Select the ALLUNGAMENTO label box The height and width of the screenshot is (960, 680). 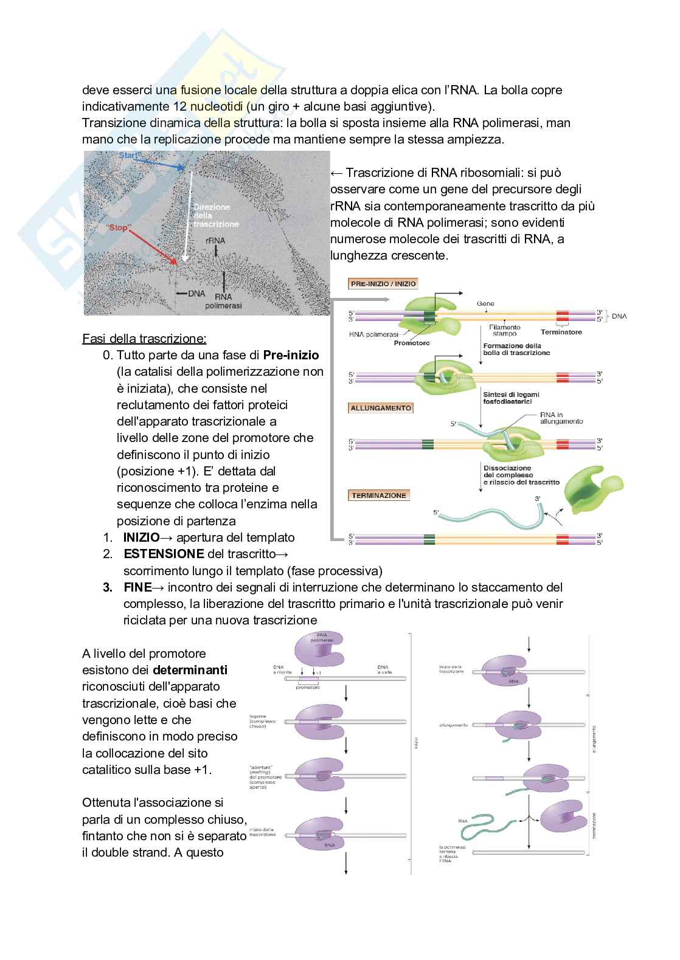coord(381,408)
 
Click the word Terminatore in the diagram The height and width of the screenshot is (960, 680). coord(561,332)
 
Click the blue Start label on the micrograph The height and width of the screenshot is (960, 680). coord(130,156)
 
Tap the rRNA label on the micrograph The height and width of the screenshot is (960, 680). coord(215,240)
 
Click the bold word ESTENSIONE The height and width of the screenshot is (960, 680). coord(164,554)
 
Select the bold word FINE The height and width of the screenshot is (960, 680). coord(137,587)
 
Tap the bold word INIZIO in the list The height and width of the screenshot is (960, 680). coord(141,537)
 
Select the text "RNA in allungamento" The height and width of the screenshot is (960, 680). coord(561,418)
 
